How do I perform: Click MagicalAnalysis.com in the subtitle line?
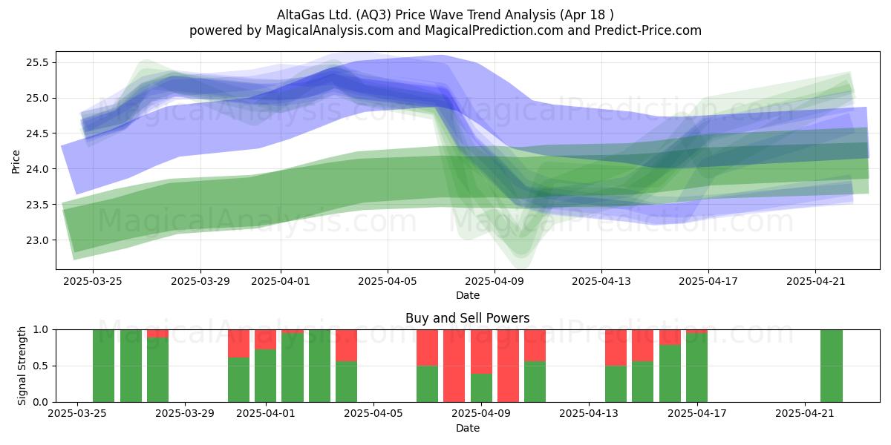tap(330, 30)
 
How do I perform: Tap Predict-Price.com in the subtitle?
tap(648, 30)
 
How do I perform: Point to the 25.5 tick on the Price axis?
tap(37, 63)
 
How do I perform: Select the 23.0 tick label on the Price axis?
tap(37, 240)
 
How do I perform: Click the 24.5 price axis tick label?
tap(37, 134)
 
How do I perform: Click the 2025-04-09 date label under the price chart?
tap(495, 281)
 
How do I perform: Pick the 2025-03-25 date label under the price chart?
tap(93, 281)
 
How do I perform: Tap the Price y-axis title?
tap(16, 162)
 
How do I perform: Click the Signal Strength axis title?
tap(22, 366)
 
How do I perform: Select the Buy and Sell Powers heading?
tap(467, 318)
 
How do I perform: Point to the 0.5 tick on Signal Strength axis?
tap(41, 366)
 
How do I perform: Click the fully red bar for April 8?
tap(454, 366)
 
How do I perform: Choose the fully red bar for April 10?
tap(508, 366)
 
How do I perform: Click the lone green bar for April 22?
tap(832, 366)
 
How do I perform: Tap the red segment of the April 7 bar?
tap(427, 348)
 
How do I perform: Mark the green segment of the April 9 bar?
tap(481, 388)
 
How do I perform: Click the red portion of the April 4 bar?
tap(346, 346)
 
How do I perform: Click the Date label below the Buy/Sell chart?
tap(467, 428)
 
